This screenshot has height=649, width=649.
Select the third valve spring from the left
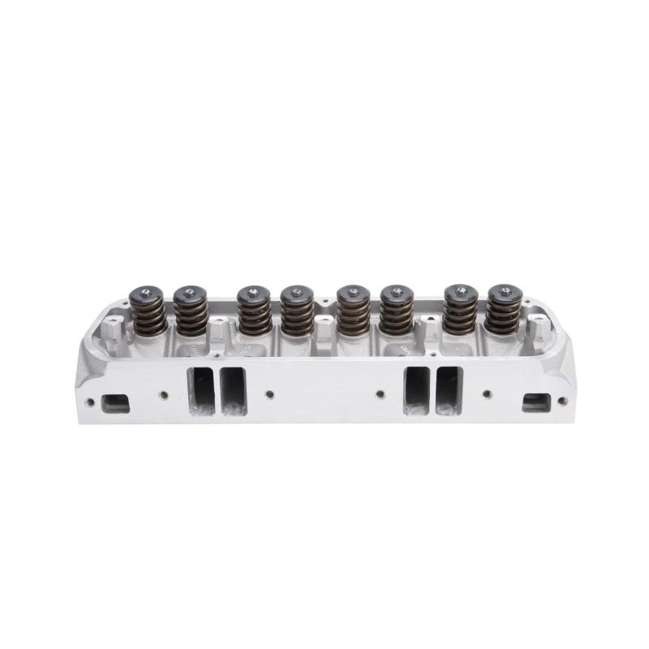(x=255, y=312)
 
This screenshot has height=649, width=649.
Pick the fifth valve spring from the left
(x=353, y=312)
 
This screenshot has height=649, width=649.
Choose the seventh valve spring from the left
(x=459, y=312)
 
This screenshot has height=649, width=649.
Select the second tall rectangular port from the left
(x=233, y=390)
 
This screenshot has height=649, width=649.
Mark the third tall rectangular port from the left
(x=417, y=390)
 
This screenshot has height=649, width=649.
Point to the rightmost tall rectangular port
(x=449, y=390)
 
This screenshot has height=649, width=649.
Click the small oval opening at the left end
(x=116, y=402)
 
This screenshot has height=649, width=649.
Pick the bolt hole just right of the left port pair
(x=269, y=395)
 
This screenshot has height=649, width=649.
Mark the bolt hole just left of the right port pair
(x=380, y=395)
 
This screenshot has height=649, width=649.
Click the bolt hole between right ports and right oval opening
(x=487, y=395)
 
